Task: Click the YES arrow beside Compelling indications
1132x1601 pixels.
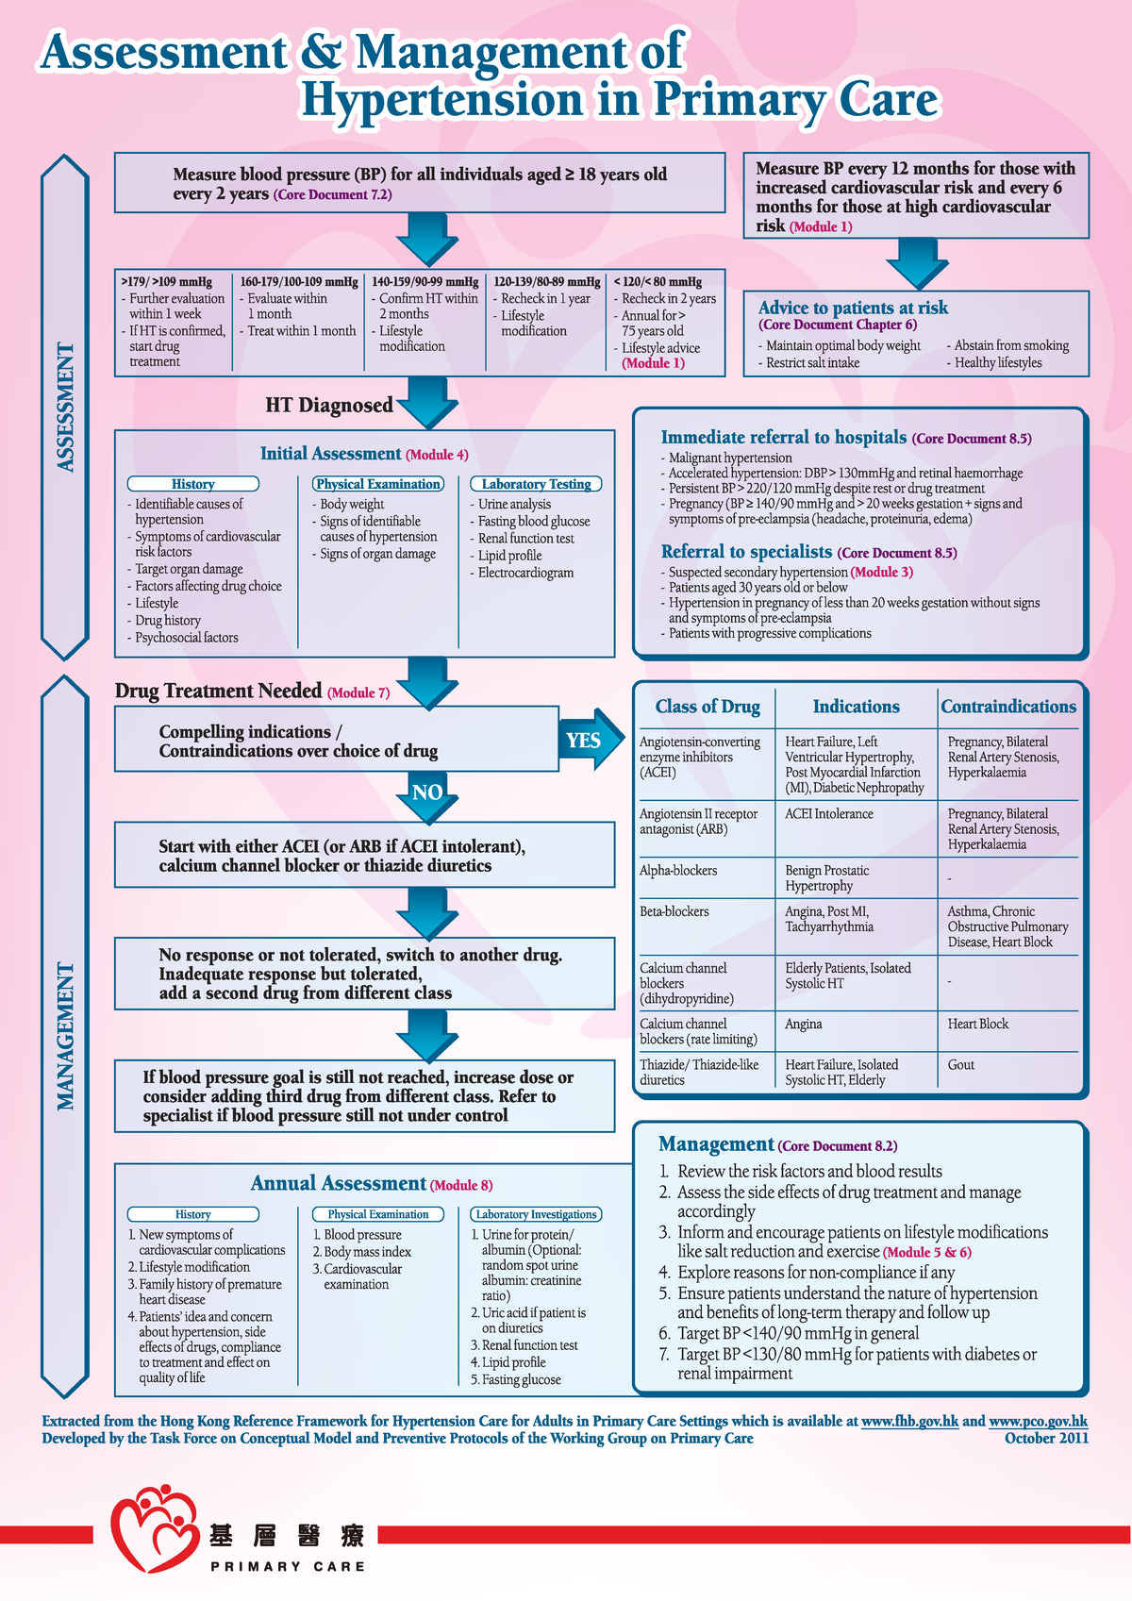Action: (x=587, y=741)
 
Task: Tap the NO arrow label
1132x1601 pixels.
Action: (x=427, y=792)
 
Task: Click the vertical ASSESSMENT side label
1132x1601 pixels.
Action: (x=65, y=407)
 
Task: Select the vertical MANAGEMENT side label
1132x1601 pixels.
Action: (x=65, y=1036)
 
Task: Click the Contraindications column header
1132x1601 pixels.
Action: (x=1007, y=707)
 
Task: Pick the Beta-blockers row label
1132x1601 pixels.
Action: (x=674, y=911)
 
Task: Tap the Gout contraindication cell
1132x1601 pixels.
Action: (x=960, y=1064)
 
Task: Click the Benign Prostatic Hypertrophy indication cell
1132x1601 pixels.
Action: (x=826, y=878)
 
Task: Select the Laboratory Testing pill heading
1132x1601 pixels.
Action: (x=536, y=484)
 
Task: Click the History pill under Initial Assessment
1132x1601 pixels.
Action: (x=192, y=484)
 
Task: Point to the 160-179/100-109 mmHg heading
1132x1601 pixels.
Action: (x=298, y=281)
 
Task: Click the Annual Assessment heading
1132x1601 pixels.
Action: (x=338, y=1184)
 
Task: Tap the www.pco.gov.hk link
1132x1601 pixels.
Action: (x=1038, y=1421)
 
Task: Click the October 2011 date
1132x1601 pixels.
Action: (x=1046, y=1439)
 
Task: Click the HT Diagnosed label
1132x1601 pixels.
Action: (x=329, y=405)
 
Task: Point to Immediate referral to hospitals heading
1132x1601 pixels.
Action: (x=784, y=437)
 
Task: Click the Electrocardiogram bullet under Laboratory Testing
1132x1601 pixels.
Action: (x=525, y=573)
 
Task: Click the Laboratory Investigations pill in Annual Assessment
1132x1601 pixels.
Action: (x=536, y=1214)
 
